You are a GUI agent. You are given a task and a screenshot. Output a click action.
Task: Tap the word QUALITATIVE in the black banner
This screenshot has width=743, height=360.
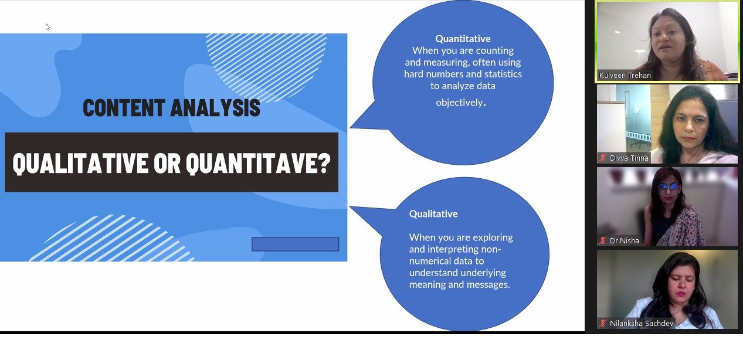pos(80,163)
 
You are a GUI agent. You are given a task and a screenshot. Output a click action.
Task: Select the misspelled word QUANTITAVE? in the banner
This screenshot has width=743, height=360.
pos(258,163)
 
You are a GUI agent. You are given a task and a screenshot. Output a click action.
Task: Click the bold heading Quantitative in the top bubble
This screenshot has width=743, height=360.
pos(463,39)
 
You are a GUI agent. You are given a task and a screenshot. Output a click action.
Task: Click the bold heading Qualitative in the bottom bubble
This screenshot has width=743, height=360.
pos(433,214)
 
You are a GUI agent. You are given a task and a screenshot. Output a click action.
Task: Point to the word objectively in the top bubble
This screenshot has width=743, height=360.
pos(459,103)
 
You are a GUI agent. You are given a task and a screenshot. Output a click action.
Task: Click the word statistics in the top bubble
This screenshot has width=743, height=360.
pos(503,74)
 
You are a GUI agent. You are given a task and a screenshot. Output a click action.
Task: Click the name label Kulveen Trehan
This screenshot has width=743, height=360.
pos(625,75)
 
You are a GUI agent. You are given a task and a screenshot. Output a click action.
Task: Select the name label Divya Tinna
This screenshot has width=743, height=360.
pos(629,158)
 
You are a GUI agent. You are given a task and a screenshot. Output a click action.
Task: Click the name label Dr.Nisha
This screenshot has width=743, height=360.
pos(625,240)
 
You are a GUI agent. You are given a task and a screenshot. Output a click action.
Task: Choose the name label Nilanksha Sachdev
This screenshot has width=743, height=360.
pos(642,323)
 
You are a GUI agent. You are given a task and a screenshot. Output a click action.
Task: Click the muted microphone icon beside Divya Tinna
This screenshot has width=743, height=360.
pos(603,158)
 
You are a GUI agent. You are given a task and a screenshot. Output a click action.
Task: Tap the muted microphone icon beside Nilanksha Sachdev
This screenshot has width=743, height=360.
pos(603,323)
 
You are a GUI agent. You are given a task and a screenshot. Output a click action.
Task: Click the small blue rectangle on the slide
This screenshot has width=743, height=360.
pos(295,244)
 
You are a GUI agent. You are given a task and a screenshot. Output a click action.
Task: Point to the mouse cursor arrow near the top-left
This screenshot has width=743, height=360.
pos(48,27)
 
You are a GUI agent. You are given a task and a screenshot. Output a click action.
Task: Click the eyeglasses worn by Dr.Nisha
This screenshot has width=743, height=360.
pos(668,187)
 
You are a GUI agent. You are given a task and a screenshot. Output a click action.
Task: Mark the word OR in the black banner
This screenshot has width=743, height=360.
pos(167,163)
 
